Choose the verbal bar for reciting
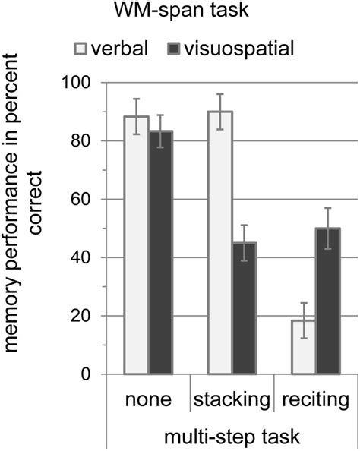303,347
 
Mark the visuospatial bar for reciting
328,301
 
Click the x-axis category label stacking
232,399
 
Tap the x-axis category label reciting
315,399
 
